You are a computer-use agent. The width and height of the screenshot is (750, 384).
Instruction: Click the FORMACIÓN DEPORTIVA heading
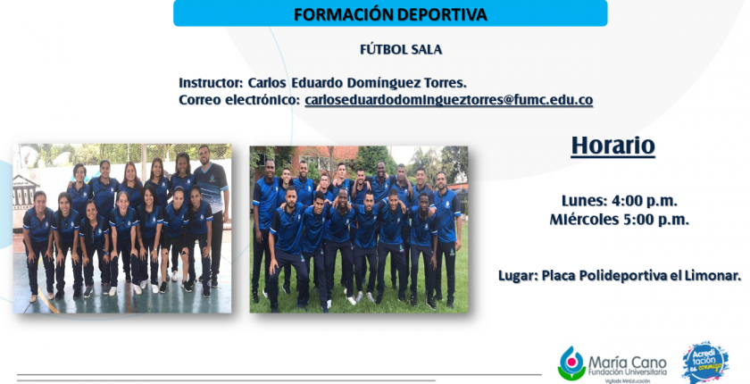click(x=390, y=14)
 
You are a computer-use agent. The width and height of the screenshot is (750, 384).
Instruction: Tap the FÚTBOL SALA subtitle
click(x=401, y=50)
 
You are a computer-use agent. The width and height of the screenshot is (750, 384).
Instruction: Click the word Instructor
click(x=211, y=83)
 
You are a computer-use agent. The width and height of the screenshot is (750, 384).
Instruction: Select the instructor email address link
click(x=448, y=100)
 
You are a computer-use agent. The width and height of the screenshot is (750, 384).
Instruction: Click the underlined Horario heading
click(x=612, y=146)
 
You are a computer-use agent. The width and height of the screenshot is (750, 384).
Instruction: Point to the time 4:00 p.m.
click(x=645, y=201)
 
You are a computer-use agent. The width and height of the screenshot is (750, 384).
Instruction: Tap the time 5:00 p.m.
click(x=655, y=220)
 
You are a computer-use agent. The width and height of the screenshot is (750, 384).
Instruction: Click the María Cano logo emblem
click(x=571, y=363)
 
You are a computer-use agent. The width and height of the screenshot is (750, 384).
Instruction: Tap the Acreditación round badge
click(x=706, y=362)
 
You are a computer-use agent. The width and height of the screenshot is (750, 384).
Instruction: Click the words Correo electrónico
click(x=239, y=100)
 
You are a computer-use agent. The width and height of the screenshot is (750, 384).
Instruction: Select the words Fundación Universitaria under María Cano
click(x=627, y=372)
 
